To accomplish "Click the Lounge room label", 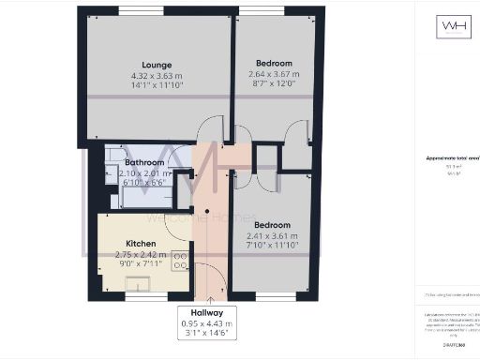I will point(157,65).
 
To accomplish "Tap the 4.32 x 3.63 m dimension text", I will point(157,75).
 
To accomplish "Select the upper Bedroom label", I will point(274,64).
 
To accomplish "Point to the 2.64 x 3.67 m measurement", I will point(274,75).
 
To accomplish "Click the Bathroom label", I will point(144,162).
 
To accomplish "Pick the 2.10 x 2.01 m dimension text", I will point(144,173).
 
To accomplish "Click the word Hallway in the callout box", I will point(208,313).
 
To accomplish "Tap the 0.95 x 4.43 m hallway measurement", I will point(208,323).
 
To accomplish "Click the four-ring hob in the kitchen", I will point(178,261).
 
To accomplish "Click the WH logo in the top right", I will point(448,26).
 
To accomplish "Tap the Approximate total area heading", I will point(447,158).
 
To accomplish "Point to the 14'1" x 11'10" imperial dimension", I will point(157,85).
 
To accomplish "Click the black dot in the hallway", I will point(194,210).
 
